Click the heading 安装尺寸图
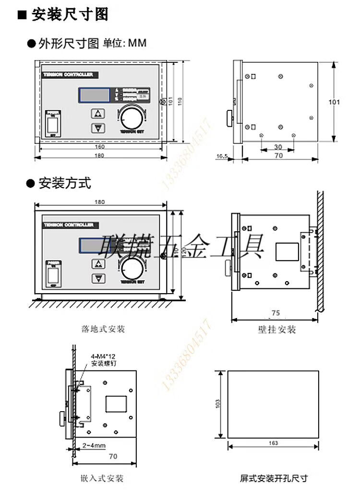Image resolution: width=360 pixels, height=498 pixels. coord(70,15)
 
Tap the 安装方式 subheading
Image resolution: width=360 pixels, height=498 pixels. coord(65,183)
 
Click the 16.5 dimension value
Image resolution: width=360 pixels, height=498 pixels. coord(222,156)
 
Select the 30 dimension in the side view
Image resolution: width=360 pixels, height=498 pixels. coord(278,147)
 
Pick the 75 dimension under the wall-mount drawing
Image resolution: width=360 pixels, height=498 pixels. coord(276,313)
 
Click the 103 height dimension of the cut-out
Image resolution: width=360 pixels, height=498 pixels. coord(217,404)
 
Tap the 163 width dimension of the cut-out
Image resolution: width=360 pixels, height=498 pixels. coord(273,443)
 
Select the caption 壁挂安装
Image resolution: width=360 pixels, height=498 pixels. coord(277,330)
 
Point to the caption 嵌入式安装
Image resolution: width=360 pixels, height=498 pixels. coord(103,478)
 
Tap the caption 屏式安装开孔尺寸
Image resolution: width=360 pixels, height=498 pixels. coord(273,478)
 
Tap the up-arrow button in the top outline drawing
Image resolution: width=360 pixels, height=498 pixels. coord(98,114)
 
